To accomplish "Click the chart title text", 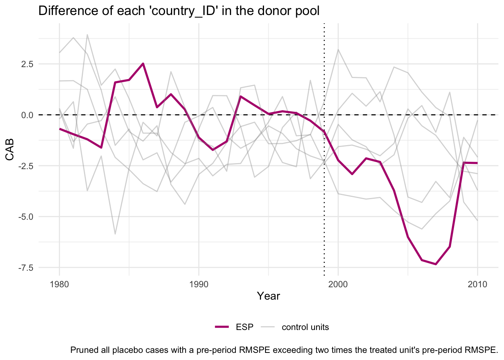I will point(179,11).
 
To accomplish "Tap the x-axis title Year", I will point(268,296).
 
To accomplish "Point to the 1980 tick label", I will point(59,284).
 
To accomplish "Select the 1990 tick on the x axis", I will point(199,284).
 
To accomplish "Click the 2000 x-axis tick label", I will point(338,284).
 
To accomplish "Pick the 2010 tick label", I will point(477,284).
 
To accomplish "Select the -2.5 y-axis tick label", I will point(24,166).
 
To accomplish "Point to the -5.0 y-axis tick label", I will point(24,217).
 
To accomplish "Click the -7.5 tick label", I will point(24,268).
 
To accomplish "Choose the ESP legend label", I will point(244,327).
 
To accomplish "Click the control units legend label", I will point(305,327).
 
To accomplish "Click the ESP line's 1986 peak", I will point(143,64).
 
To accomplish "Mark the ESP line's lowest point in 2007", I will point(436,264).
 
